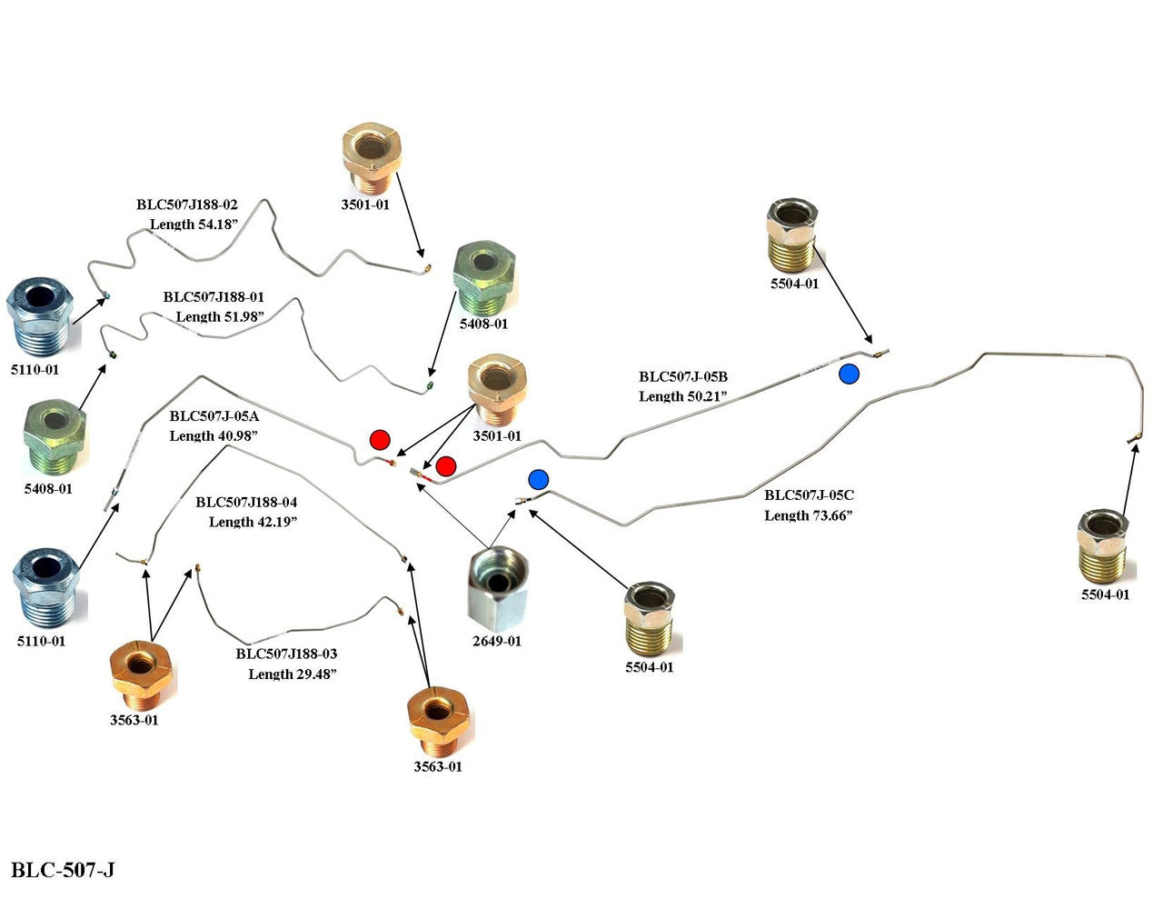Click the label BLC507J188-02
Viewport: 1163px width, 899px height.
point(187,205)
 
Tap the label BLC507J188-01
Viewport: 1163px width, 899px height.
point(214,297)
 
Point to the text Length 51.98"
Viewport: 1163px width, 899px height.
point(220,316)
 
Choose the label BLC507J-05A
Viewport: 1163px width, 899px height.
point(214,416)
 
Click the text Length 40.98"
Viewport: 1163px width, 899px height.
point(214,436)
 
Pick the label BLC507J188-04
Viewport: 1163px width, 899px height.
point(246,502)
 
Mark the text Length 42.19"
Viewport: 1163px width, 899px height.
point(253,522)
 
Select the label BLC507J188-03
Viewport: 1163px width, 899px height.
point(286,654)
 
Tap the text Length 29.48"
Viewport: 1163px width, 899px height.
point(293,674)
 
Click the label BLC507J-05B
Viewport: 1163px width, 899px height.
point(683,376)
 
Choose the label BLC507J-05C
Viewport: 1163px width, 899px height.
point(809,495)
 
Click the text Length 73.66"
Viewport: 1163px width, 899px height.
point(808,515)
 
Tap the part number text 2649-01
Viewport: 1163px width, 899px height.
point(496,641)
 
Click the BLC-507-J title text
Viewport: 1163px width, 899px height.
point(63,870)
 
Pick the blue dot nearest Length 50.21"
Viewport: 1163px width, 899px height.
point(849,374)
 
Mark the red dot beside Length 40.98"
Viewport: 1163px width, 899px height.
point(380,441)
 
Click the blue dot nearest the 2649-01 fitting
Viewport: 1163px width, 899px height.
point(539,479)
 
